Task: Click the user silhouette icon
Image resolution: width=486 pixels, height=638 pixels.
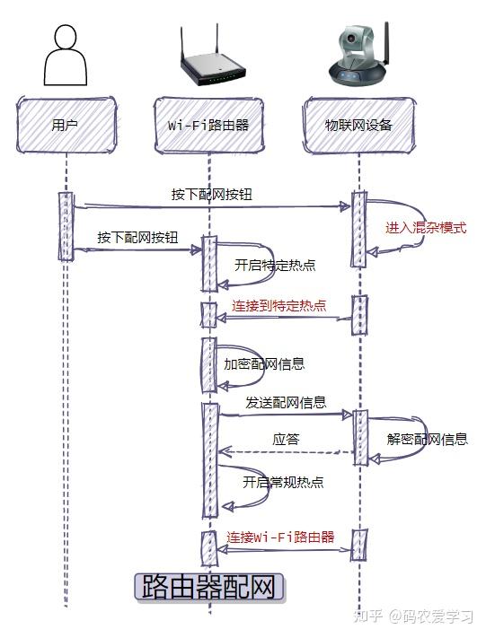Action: point(66,56)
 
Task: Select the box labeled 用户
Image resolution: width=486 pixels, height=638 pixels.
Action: point(66,125)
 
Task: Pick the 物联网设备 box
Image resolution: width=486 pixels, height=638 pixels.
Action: point(358,125)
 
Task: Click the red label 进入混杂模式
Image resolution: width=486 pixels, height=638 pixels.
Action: point(426,228)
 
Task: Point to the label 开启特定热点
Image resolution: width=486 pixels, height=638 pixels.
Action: point(275,266)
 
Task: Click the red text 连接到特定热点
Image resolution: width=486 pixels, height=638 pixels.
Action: point(278,306)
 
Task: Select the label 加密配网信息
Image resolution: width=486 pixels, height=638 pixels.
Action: point(263,364)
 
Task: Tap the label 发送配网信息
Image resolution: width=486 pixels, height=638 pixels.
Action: point(286,403)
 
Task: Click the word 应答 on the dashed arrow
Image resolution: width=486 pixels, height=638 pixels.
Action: point(286,440)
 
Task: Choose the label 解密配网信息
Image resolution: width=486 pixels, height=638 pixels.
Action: point(427,439)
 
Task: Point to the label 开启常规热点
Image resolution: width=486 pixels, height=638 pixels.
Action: point(283,482)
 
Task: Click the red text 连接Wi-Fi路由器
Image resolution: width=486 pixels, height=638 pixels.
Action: point(280,537)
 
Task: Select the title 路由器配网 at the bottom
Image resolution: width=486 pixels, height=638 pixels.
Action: point(208,588)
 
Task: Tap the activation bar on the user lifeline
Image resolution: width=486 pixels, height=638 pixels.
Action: point(66,226)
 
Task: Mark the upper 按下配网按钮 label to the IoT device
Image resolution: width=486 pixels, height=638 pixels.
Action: point(212,194)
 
